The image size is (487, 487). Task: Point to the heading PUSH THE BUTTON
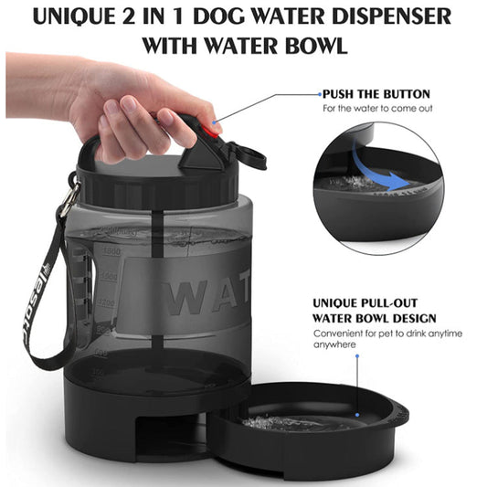coord(376,94)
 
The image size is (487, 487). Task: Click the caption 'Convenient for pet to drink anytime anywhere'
coord(387,338)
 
